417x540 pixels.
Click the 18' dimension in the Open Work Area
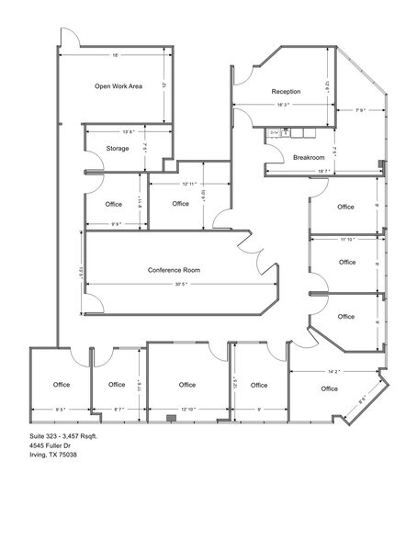(116, 56)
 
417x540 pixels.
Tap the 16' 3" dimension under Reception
(281, 107)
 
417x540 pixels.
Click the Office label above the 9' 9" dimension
(114, 203)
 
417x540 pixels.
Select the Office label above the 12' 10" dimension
(187, 385)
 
